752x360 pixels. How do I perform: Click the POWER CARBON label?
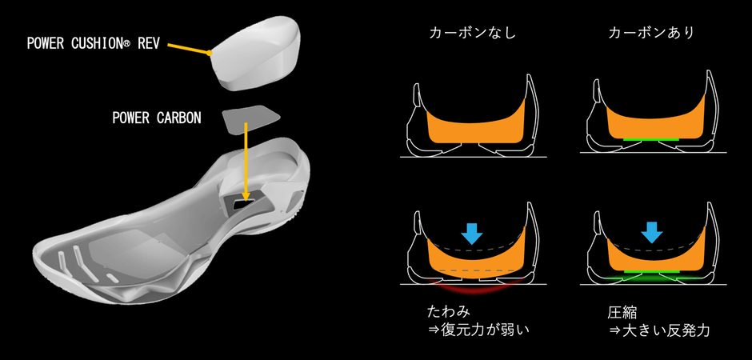click(x=157, y=118)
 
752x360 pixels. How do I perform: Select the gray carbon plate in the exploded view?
click(x=251, y=120)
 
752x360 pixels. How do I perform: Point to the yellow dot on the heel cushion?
click(x=210, y=54)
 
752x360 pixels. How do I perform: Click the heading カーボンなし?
click(x=472, y=33)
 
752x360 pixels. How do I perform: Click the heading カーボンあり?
click(x=651, y=33)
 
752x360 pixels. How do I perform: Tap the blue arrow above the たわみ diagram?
click(x=472, y=233)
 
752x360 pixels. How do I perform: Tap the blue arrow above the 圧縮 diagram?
click(x=651, y=233)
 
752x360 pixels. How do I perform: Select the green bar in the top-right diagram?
click(x=651, y=139)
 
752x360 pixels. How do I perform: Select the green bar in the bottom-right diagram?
click(x=651, y=271)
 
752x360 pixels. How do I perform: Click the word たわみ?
click(x=449, y=312)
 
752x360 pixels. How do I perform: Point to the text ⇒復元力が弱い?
click(x=479, y=330)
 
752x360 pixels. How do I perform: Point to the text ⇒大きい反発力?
click(x=659, y=330)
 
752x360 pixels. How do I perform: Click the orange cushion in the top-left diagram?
click(x=474, y=126)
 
